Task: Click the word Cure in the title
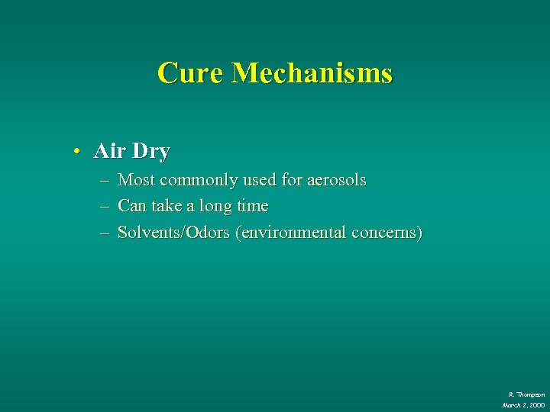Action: point(190,73)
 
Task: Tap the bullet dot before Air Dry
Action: point(77,152)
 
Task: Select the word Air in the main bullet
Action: point(108,151)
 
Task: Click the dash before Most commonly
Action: point(103,181)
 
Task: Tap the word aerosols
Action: point(336,181)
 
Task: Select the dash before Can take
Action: point(103,207)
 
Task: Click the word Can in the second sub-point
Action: point(133,206)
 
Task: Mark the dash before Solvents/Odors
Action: point(103,233)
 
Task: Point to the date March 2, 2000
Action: point(523,405)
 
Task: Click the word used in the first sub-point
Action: point(260,181)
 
